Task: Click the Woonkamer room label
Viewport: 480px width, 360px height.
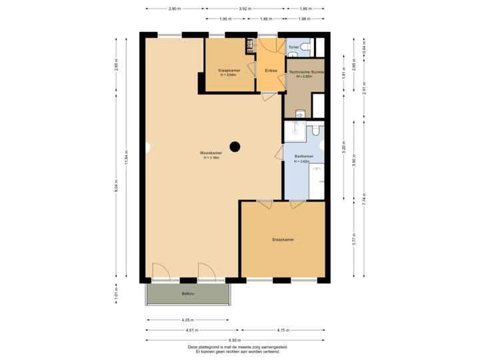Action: (211, 153)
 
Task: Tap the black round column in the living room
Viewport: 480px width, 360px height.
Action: (235, 147)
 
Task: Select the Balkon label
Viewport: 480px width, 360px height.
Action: (188, 293)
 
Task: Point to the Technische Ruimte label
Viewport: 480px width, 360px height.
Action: (305, 71)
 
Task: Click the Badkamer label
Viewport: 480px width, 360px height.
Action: (304, 157)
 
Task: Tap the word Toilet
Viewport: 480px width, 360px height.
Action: (293, 47)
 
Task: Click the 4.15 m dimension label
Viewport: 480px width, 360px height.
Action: (283, 330)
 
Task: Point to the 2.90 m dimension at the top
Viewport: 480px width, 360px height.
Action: (174, 9)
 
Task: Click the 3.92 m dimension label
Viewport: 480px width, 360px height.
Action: (246, 9)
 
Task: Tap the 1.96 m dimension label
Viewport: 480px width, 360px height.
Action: (225, 19)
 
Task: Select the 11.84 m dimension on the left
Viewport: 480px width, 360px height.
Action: (127, 159)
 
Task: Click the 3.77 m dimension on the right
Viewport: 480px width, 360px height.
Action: (354, 239)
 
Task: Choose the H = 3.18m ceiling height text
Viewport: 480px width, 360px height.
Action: (211, 157)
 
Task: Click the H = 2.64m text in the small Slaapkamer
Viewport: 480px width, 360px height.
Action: (229, 75)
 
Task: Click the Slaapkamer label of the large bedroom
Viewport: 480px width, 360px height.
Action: (283, 239)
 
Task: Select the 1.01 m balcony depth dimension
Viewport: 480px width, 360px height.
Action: (117, 293)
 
